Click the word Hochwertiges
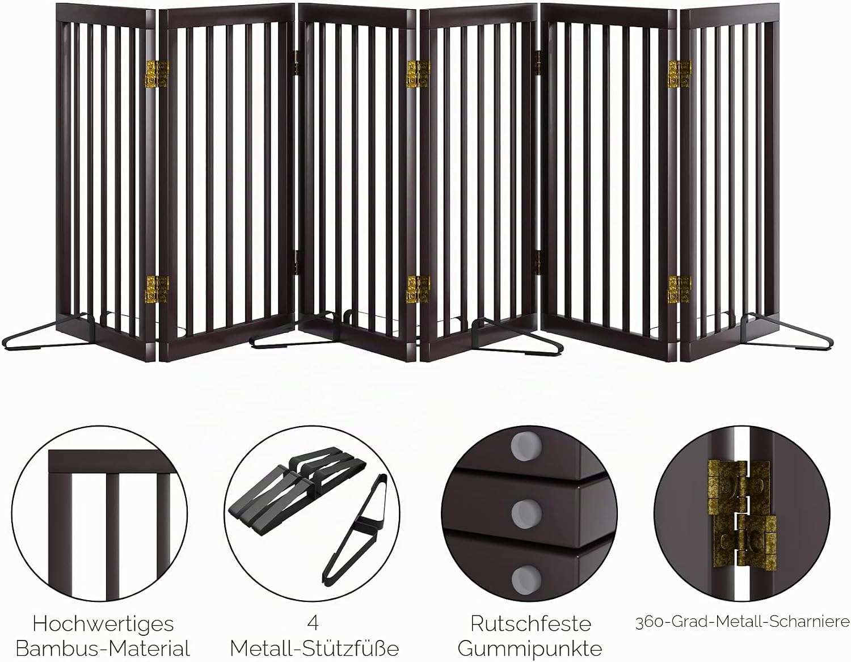[x=103, y=624]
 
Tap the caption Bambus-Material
[x=103, y=648]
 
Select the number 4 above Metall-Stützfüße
[x=313, y=623]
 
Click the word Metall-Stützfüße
[x=314, y=649]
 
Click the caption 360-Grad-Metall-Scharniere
[x=743, y=622]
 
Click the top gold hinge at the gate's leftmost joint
[x=157, y=74]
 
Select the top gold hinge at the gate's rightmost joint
[x=680, y=74]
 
